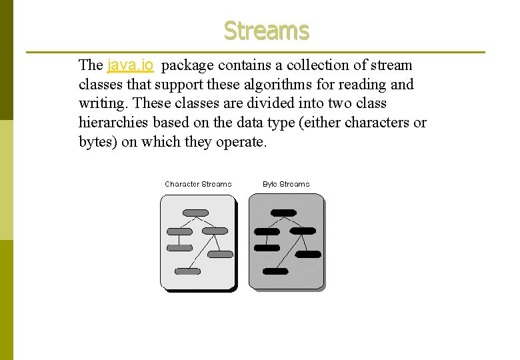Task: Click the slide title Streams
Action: [266, 31]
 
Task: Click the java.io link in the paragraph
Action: [131, 65]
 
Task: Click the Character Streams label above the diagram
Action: [198, 184]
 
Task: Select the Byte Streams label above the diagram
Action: [286, 184]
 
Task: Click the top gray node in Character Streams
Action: [195, 213]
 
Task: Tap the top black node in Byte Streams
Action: [283, 213]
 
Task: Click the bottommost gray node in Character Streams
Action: [187, 271]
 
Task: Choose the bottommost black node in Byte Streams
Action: [275, 271]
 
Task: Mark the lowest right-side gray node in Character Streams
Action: [221, 254]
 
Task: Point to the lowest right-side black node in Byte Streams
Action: [309, 254]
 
